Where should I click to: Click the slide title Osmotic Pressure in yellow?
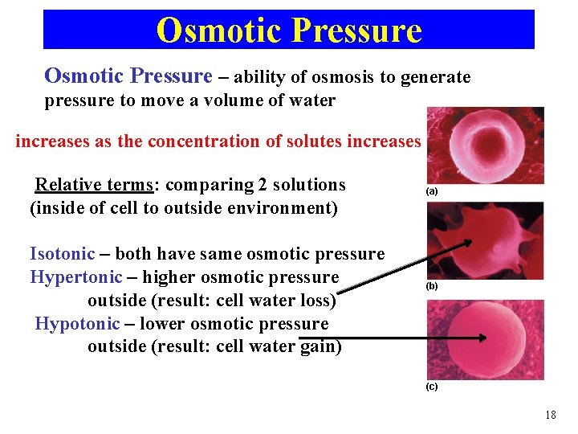tap(289, 30)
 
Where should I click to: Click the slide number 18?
tap(550, 415)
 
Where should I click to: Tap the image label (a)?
tap(432, 192)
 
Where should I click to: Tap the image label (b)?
tap(432, 286)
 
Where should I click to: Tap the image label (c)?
tap(432, 387)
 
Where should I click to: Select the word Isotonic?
tap(63, 254)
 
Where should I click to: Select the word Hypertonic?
tap(75, 277)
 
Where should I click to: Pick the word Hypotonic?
tap(78, 324)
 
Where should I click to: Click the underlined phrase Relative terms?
tap(94, 185)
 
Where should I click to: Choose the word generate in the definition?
tap(436, 77)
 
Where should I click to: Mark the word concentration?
tap(204, 141)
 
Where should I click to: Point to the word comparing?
tap(209, 185)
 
